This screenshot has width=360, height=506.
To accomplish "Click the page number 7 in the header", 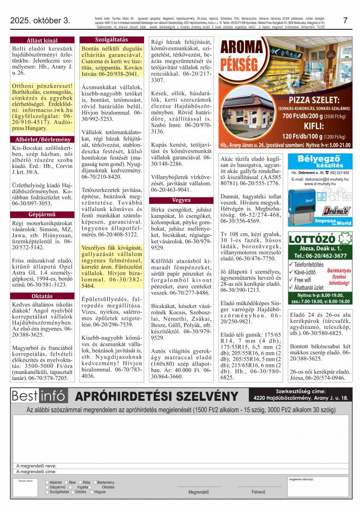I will click(345, 21).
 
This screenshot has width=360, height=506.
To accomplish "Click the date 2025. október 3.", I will click(40, 21).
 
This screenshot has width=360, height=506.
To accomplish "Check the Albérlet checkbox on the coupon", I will click(48, 483).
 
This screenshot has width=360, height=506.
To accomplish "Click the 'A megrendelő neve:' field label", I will click(36, 466).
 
